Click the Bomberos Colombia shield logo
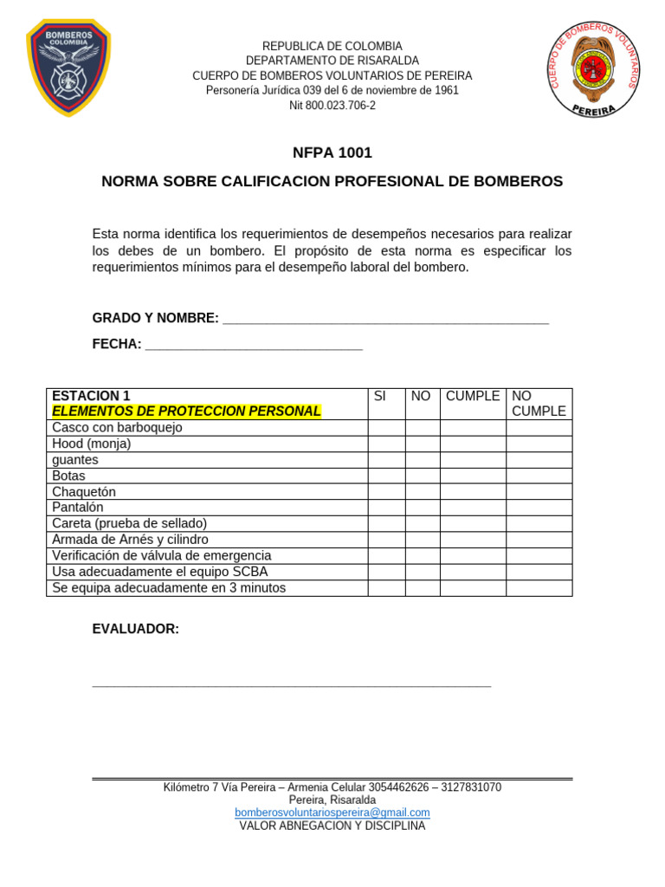click(68, 68)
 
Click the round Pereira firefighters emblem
click(595, 68)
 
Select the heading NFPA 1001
click(332, 153)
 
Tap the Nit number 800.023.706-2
click(332, 106)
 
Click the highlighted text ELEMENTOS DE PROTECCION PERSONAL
click(186, 411)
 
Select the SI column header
click(379, 396)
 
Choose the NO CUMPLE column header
click(539, 404)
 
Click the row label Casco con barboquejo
click(117, 428)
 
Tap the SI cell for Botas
click(386, 476)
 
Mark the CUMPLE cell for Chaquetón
click(473, 492)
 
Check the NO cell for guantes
click(423, 460)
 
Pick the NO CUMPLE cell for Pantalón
click(539, 508)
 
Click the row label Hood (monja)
click(92, 443)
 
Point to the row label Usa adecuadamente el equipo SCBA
click(160, 572)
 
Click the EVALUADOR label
click(136, 629)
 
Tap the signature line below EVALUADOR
click(291, 685)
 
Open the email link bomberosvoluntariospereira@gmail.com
click(332, 813)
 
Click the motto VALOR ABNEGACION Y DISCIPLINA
click(332, 826)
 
